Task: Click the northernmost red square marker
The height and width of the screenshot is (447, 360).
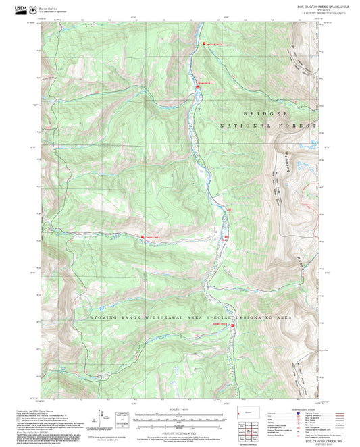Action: point(204,45)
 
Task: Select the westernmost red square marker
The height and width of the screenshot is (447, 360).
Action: point(142,236)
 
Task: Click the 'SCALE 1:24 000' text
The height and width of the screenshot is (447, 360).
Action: point(178,411)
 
